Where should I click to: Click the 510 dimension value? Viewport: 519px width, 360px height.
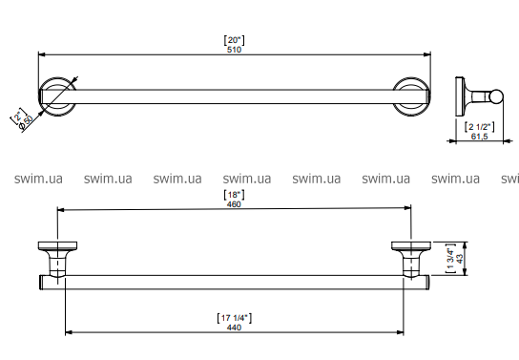[234, 50]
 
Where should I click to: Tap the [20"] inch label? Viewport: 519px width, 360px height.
[235, 40]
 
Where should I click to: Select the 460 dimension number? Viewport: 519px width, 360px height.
[234, 204]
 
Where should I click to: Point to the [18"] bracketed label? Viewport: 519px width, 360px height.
[235, 195]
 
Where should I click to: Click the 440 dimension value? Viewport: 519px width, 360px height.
[234, 328]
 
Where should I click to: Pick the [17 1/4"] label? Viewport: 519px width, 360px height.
[235, 318]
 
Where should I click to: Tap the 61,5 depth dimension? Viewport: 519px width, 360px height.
[479, 137]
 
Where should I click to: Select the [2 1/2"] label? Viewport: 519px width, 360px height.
[480, 127]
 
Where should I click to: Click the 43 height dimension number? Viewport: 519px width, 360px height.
[460, 259]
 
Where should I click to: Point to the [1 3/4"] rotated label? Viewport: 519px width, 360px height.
[451, 259]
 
